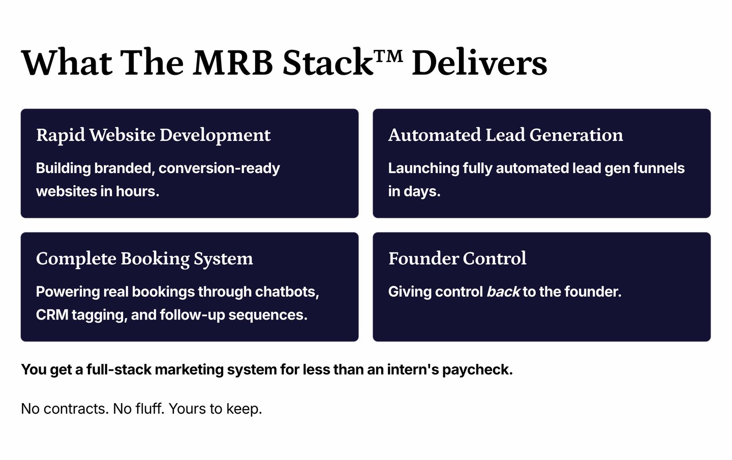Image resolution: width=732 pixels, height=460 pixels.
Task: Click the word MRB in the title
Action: [233, 63]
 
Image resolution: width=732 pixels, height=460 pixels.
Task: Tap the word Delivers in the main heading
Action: [479, 63]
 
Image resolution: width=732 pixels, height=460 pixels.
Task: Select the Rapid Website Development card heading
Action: [153, 135]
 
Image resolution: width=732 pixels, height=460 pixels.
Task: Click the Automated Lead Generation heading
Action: [505, 135]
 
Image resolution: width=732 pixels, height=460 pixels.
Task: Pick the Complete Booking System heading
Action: [144, 258]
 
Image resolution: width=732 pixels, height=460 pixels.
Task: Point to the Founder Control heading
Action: [457, 258]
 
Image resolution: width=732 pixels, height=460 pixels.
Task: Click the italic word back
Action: [503, 292]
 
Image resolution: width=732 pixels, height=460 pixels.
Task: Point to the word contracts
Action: [76, 409]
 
